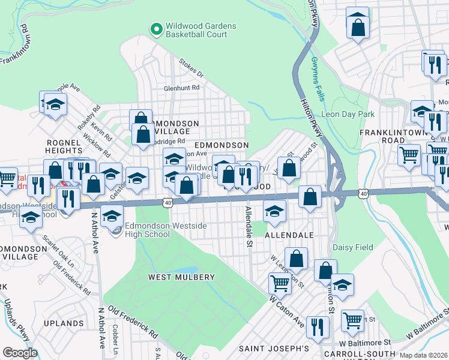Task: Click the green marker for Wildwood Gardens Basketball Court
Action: (x=155, y=28)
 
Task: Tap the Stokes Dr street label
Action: (x=192, y=68)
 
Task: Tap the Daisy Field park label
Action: (x=354, y=247)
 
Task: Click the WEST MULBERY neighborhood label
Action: (x=182, y=277)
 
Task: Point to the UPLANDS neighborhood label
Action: (x=64, y=323)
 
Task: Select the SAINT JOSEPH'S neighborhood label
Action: (x=274, y=349)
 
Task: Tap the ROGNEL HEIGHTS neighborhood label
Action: (x=63, y=146)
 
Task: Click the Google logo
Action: (x=20, y=353)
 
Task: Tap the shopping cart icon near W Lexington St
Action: (x=280, y=283)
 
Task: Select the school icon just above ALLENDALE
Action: (x=275, y=211)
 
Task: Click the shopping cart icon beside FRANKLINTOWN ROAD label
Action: (x=409, y=154)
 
